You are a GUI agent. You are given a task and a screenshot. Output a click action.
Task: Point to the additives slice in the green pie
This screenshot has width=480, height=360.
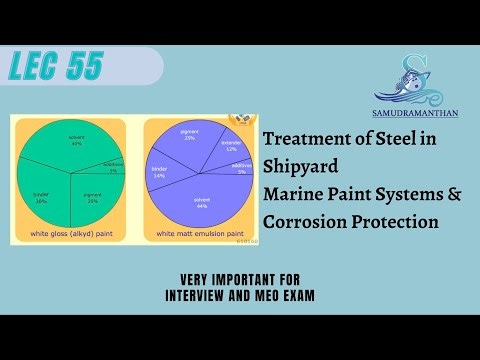(x=112, y=167)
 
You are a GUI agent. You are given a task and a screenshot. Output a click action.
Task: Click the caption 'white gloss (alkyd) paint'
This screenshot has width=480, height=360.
(x=71, y=233)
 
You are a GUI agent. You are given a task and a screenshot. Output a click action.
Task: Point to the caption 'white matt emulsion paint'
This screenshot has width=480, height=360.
(x=198, y=233)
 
